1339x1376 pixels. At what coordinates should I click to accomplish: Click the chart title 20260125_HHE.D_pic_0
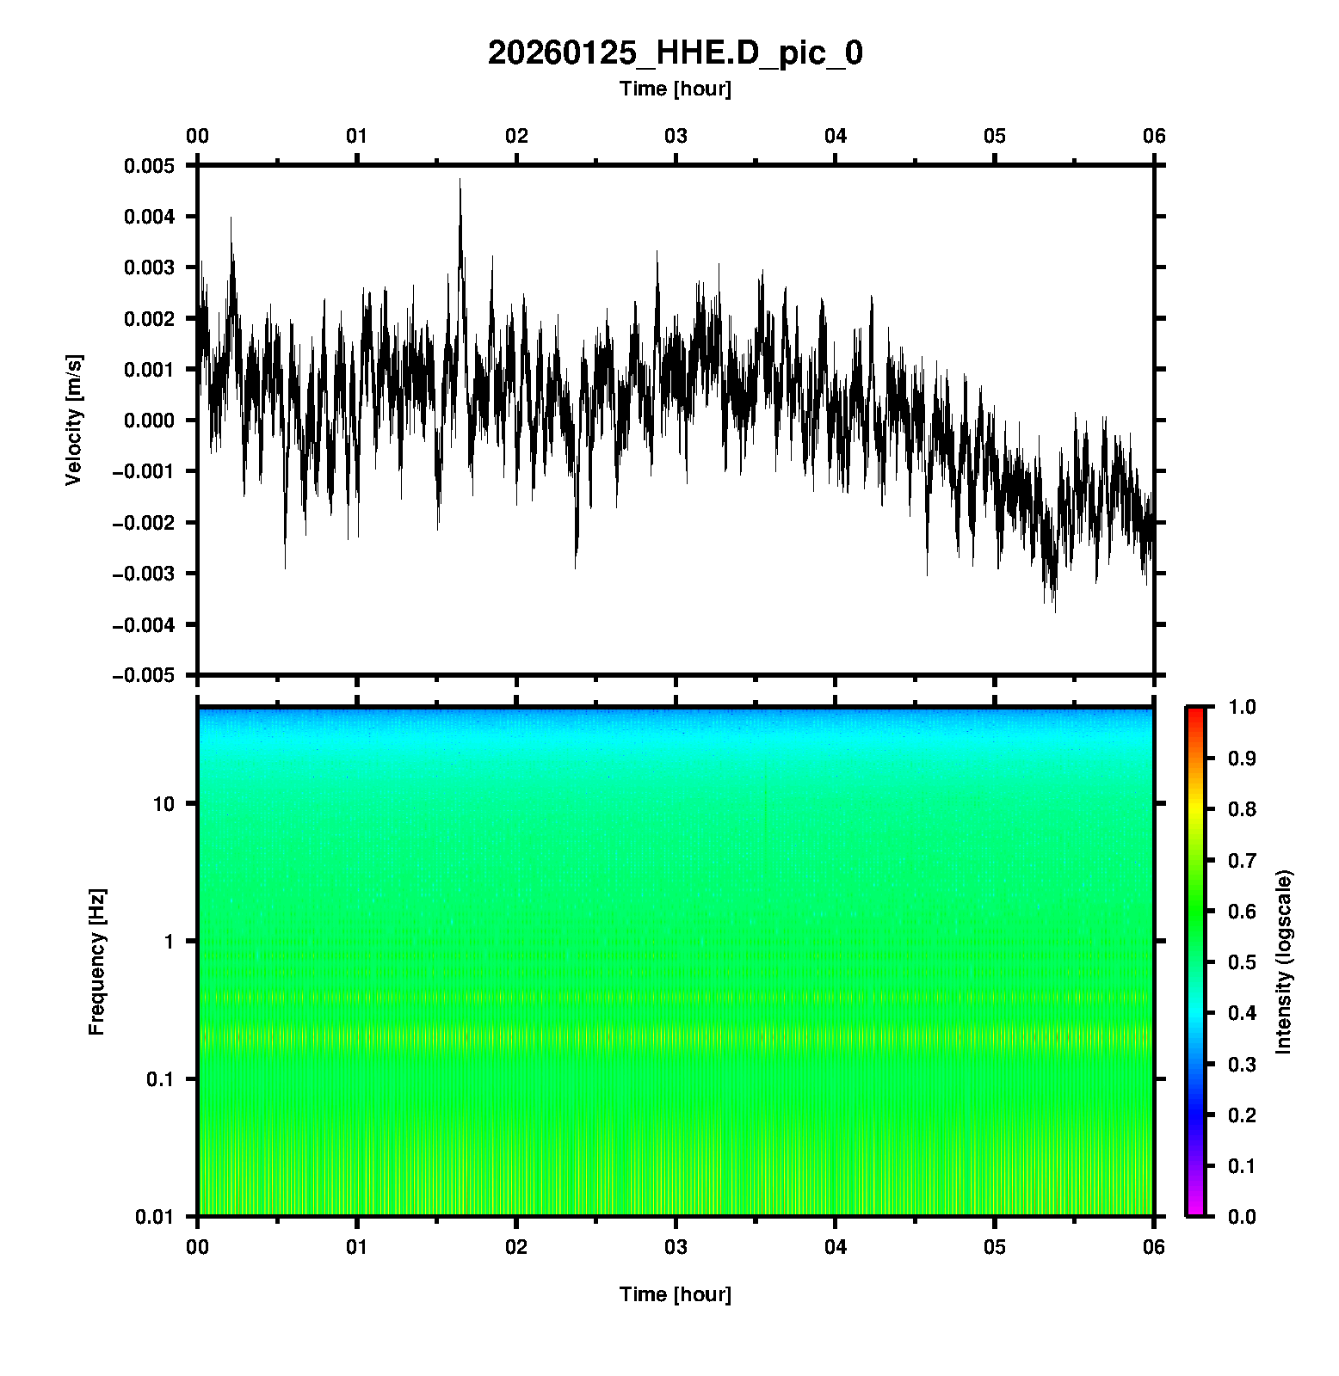tap(675, 53)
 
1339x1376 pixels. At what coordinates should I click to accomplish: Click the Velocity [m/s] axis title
tap(75, 420)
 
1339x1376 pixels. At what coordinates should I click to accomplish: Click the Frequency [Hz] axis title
tap(96, 962)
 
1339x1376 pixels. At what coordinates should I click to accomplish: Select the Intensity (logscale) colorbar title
tap(1284, 961)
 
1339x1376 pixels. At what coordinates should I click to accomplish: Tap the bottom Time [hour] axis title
tap(675, 1294)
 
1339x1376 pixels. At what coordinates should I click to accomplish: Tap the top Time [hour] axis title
tap(675, 89)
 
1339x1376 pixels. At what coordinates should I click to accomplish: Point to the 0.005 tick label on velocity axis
tap(149, 166)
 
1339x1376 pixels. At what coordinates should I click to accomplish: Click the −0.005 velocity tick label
tap(143, 675)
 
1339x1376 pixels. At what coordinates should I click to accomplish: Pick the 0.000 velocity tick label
tap(149, 421)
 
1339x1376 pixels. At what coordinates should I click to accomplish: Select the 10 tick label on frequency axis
tap(163, 804)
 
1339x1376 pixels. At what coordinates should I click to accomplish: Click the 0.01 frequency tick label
tap(155, 1216)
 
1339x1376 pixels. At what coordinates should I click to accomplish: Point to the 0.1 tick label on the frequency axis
tap(159, 1079)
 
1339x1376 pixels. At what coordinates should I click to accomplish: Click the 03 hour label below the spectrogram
tap(676, 1247)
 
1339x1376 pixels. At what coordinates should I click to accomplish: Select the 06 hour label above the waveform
tap(1154, 136)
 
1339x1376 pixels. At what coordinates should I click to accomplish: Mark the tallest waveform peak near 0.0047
tap(460, 180)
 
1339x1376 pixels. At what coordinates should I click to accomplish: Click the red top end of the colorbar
tap(1194, 711)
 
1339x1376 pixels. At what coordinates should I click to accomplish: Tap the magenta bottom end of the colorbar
tap(1194, 1212)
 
